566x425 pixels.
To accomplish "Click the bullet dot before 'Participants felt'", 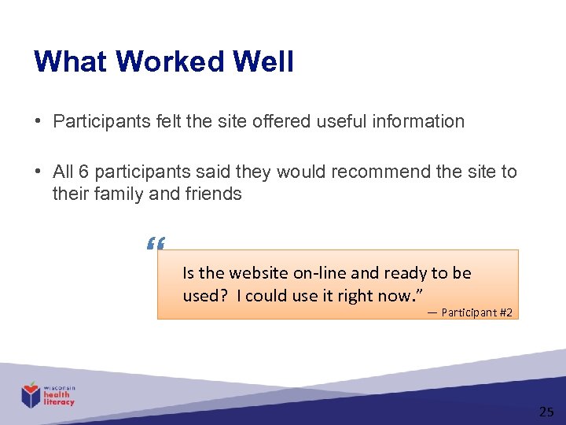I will [x=38, y=121].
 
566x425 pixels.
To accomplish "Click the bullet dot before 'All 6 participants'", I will [x=38, y=172].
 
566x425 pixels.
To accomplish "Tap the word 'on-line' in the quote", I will [x=320, y=273].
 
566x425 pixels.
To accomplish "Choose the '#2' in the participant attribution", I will [x=505, y=313].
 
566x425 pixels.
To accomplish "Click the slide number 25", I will [x=546, y=412].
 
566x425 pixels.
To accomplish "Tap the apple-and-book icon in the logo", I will [x=31, y=394].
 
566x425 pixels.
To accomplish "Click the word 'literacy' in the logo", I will [x=60, y=402].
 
